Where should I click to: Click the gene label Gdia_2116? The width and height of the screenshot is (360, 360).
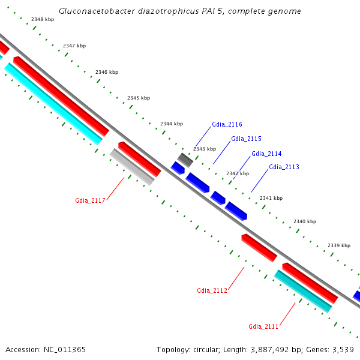(227, 125)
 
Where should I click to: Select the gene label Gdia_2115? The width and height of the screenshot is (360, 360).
(246, 139)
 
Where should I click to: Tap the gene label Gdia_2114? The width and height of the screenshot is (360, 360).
(266, 154)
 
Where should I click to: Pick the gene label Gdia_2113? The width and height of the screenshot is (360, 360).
(284, 167)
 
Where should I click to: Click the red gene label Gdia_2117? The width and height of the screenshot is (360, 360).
(90, 200)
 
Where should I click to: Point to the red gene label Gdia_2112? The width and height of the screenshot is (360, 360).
(212, 290)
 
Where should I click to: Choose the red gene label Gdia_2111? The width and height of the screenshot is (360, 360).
(263, 326)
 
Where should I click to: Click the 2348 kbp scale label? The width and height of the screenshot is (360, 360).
(42, 20)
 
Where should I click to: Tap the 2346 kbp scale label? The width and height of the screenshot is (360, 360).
(107, 72)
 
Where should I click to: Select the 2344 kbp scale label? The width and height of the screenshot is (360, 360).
(171, 124)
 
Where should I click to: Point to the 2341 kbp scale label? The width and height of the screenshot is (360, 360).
(271, 198)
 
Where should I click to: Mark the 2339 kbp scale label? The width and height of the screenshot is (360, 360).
(338, 245)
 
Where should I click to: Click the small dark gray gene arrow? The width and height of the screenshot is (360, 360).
(185, 160)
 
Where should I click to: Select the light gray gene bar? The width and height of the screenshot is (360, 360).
(132, 166)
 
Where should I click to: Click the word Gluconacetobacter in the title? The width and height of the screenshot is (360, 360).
(95, 11)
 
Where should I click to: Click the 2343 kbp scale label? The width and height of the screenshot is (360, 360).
(204, 149)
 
